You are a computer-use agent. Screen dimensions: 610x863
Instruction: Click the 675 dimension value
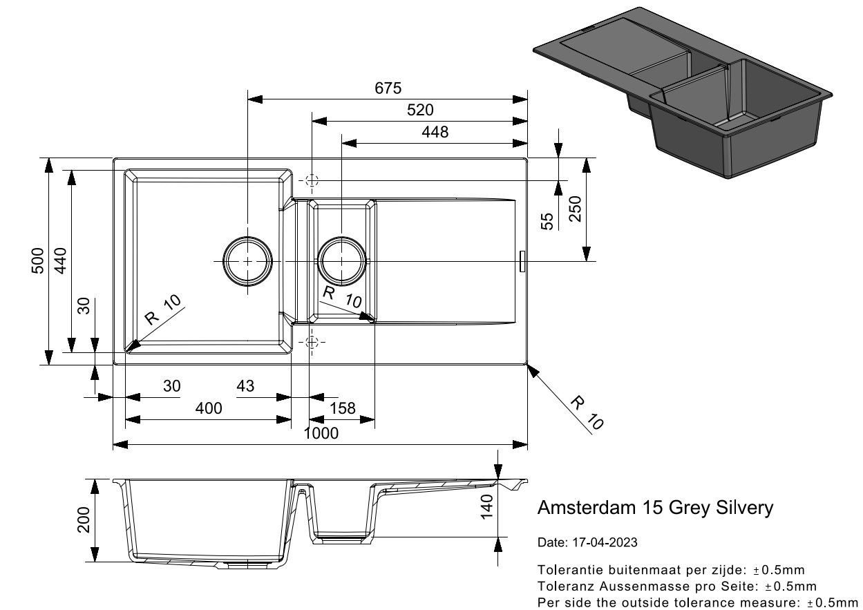388,88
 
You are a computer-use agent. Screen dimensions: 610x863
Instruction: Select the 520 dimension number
420,111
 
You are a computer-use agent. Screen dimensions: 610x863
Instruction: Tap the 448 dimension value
435,133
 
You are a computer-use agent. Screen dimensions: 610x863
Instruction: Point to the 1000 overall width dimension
321,434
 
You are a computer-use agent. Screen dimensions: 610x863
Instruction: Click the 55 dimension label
547,221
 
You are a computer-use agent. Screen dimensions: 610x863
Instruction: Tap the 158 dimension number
342,408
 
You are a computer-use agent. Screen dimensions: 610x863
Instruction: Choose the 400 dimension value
209,408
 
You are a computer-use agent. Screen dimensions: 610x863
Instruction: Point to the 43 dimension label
245,386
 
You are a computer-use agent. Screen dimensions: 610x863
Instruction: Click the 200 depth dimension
84,520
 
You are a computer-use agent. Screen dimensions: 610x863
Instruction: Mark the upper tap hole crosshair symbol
312,181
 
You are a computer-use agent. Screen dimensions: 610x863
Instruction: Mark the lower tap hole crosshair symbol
312,342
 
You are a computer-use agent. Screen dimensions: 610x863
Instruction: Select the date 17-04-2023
605,542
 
